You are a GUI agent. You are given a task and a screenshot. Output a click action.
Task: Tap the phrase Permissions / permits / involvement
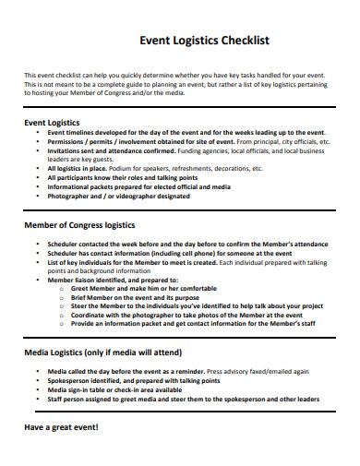[98, 142]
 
